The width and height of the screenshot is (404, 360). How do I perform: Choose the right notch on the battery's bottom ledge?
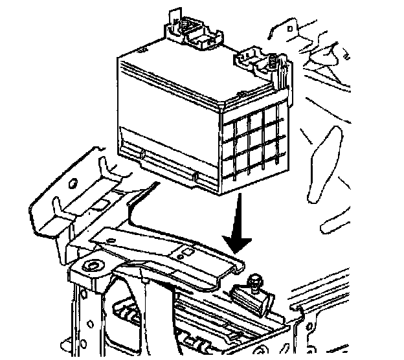(196, 174)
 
